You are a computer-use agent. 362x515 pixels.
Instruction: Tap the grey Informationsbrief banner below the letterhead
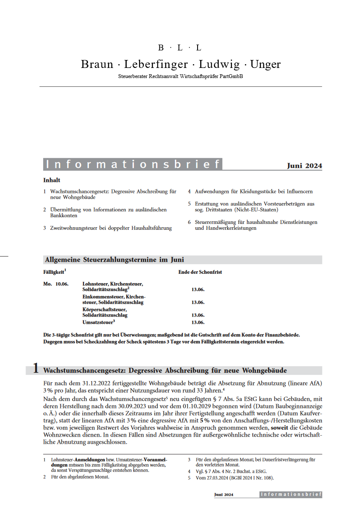click(133, 164)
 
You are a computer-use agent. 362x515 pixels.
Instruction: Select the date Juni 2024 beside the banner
click(305, 166)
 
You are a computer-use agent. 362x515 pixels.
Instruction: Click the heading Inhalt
click(52, 180)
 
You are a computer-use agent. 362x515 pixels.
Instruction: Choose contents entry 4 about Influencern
click(253, 191)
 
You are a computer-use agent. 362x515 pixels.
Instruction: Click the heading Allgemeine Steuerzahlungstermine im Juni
click(115, 260)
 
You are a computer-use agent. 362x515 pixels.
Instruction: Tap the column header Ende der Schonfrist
click(200, 272)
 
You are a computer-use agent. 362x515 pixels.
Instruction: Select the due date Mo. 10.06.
click(56, 284)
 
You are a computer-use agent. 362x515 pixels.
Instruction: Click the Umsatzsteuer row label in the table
click(98, 322)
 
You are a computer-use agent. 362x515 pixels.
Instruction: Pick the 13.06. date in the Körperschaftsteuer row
click(198, 315)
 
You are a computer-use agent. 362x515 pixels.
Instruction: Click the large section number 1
click(36, 368)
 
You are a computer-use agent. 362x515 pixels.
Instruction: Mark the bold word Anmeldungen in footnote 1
click(90, 460)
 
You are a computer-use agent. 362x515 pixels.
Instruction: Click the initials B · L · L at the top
click(180, 48)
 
